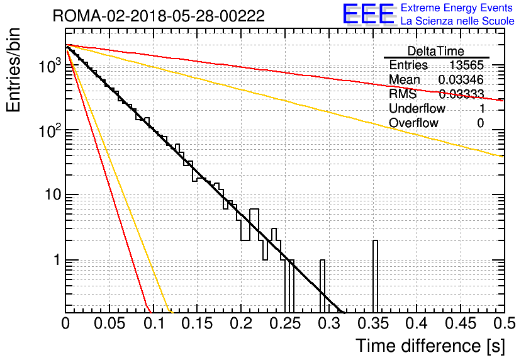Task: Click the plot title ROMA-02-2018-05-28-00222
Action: pos(159,16)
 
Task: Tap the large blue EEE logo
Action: pos(368,14)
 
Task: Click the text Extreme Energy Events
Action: pos(457,8)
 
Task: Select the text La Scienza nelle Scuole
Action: pos(457,21)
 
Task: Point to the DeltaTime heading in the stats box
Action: pos(436,51)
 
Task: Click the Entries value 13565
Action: pos(466,65)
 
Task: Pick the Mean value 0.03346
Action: pos(461,79)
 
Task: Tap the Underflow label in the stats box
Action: pos(417,108)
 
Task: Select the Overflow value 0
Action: pos(480,123)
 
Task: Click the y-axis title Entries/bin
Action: pos(13,70)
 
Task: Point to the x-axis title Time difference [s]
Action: pos(430,346)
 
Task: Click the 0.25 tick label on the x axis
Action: pos(285,323)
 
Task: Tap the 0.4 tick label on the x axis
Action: pos(417,323)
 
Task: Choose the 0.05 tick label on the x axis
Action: pos(109,323)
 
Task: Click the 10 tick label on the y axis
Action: pos(53,194)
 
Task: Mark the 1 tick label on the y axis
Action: pos(57,260)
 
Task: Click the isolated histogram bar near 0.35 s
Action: pos(375,277)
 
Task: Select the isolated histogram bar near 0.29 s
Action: pos(322,286)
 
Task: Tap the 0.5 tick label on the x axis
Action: pos(504,323)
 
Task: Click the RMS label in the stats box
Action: pos(402,94)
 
